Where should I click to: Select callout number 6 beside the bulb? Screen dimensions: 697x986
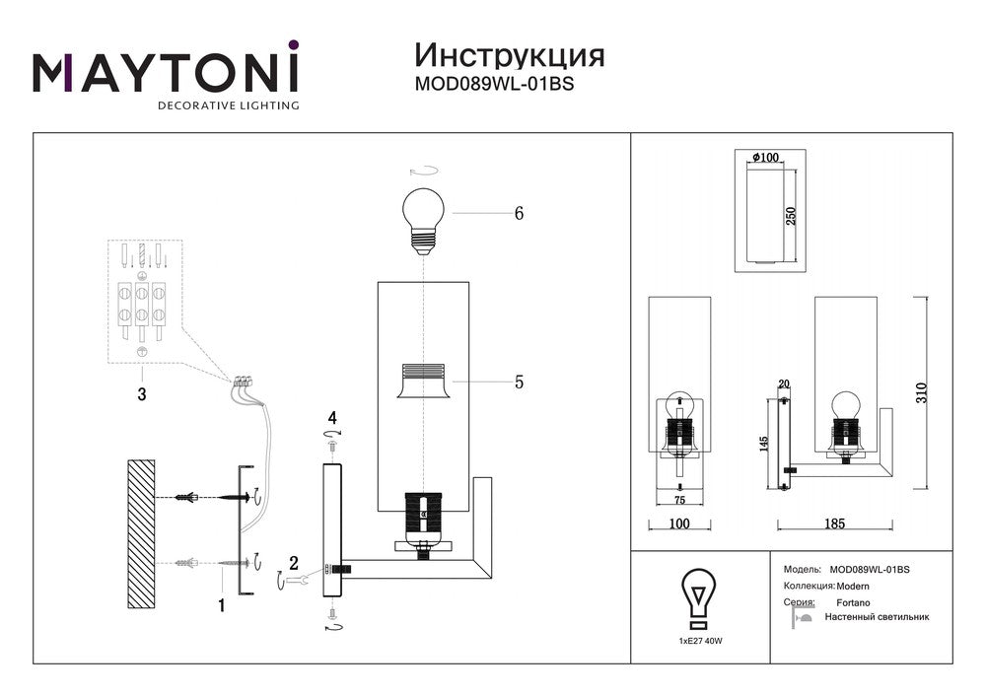[x=518, y=213]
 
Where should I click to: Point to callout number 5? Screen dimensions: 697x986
[x=519, y=382]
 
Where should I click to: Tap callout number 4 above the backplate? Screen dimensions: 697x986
[x=333, y=418]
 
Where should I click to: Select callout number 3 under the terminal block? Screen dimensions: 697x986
[x=142, y=395]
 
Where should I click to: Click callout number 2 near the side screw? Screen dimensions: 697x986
[x=293, y=564]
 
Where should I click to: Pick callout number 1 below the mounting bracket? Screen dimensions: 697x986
[x=222, y=606]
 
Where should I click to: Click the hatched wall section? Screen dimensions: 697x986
[x=142, y=532]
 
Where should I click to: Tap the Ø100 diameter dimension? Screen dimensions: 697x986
[x=765, y=158]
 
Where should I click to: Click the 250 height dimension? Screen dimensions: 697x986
[x=791, y=217]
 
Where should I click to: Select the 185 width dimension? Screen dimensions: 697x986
[x=836, y=523]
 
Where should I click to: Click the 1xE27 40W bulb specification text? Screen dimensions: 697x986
[x=699, y=641]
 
